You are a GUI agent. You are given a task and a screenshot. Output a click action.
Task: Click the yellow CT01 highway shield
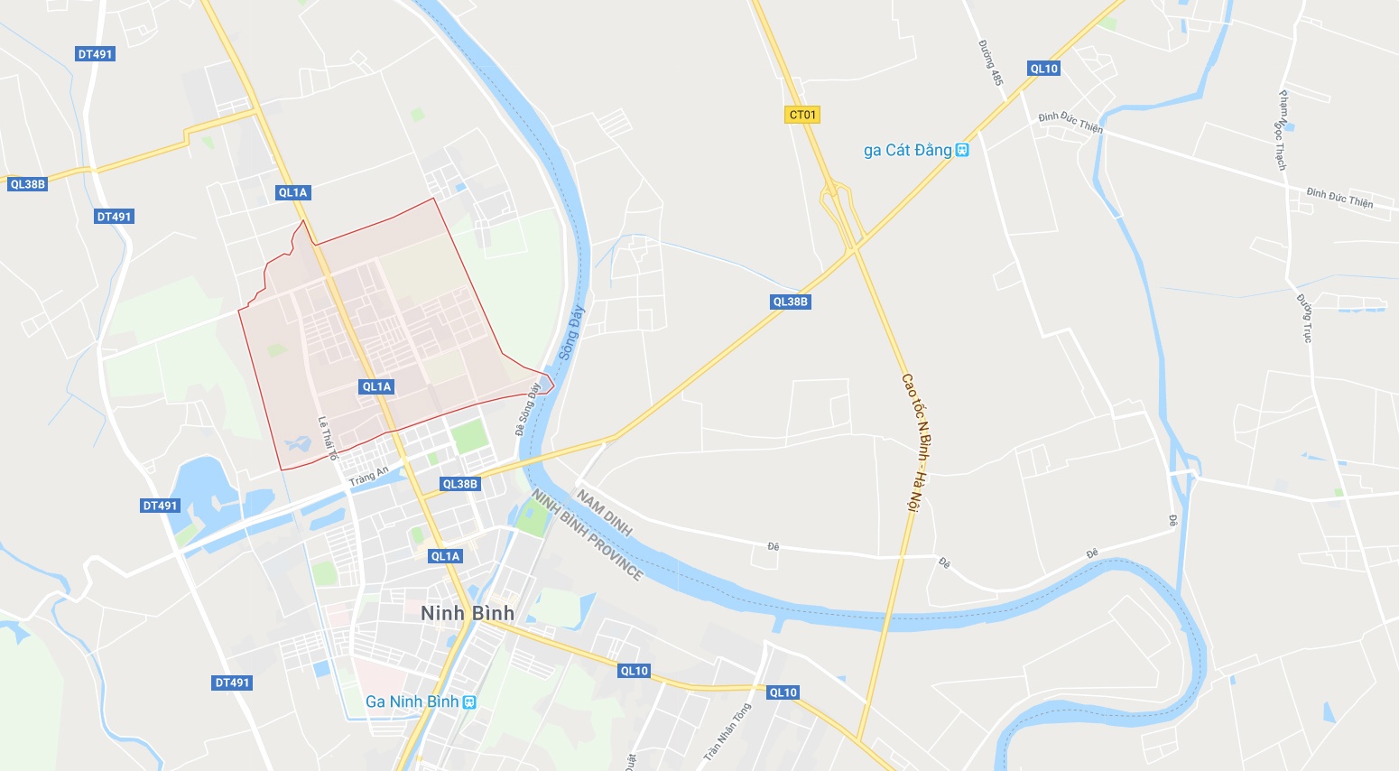[x=802, y=115]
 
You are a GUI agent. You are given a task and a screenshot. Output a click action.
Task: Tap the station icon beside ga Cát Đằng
[x=962, y=150]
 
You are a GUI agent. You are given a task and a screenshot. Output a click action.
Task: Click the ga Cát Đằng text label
[x=907, y=150]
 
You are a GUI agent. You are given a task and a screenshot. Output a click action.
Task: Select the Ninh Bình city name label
[x=468, y=613]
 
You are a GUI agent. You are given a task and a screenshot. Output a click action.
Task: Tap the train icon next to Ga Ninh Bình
[x=468, y=701]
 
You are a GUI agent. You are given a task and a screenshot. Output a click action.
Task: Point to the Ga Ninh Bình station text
[x=412, y=701]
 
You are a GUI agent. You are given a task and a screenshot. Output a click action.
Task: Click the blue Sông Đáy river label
[x=571, y=333]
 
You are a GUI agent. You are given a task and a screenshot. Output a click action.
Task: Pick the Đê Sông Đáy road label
[x=527, y=409]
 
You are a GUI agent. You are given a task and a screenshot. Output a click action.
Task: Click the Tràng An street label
[x=369, y=475]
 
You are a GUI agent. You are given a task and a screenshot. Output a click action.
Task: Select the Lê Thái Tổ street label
[x=327, y=439]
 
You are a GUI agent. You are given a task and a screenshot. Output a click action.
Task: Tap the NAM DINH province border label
[x=604, y=512]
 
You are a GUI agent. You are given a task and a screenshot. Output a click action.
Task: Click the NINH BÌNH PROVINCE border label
[x=588, y=535]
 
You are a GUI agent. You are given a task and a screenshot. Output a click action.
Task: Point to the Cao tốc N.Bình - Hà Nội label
[x=915, y=442]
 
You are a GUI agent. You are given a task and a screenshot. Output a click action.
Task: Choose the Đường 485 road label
[x=990, y=63]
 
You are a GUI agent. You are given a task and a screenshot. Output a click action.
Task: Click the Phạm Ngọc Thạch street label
[x=1281, y=130]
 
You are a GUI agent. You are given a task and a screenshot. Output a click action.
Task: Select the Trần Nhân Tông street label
[x=727, y=730]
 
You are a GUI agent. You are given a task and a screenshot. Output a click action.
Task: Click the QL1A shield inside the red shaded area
[x=376, y=386]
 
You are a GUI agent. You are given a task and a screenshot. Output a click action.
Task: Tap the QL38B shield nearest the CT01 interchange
[x=791, y=302]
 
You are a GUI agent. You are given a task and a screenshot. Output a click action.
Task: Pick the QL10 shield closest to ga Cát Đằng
[x=1043, y=69]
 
